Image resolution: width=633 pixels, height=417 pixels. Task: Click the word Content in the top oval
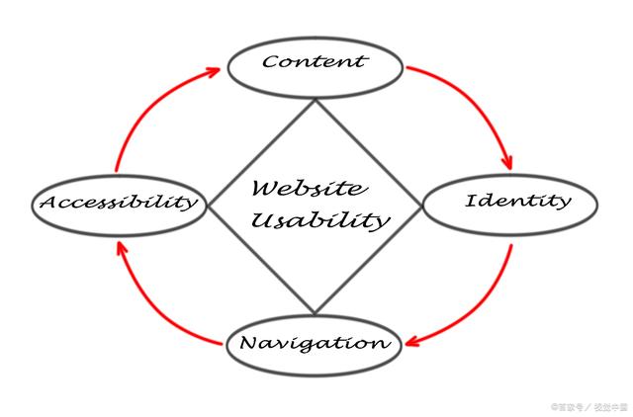tap(315, 62)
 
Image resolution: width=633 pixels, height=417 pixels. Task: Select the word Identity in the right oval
tap(517, 202)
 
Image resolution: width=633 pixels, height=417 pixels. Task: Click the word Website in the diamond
tap(308, 188)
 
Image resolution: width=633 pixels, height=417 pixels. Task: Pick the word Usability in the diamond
tap(318, 220)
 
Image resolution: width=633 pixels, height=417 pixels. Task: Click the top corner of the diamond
tap(315, 99)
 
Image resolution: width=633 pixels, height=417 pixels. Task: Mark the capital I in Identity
tap(471, 202)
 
